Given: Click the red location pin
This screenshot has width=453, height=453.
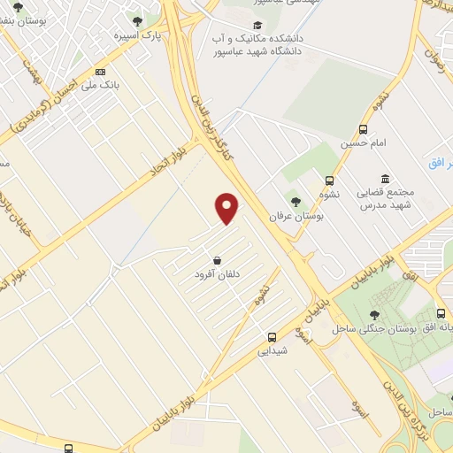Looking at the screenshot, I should [227, 208].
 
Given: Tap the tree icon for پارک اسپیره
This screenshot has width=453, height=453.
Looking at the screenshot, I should [136, 21].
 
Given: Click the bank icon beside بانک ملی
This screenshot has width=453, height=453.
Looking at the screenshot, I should [100, 71].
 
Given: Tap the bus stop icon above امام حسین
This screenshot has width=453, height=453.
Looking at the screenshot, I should [362, 128].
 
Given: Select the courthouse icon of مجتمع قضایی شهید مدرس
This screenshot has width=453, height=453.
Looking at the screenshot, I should [384, 178].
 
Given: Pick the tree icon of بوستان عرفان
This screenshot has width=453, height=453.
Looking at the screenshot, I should [296, 201].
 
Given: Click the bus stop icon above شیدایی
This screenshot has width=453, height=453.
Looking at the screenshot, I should [273, 336].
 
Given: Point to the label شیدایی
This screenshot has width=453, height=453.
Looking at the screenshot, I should [273, 350].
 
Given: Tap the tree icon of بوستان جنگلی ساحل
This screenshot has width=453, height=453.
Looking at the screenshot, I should [375, 314].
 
